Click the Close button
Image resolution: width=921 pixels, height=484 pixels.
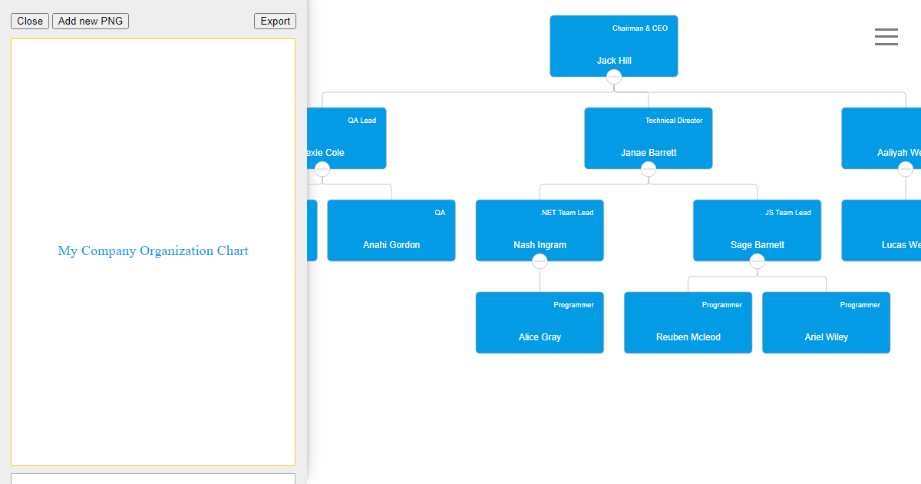tap(30, 22)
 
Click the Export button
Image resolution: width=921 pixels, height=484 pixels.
tap(275, 22)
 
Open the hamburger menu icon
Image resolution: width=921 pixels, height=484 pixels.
tap(886, 37)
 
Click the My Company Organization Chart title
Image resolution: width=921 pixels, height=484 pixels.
tap(153, 251)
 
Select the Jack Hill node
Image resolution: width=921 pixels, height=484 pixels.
tap(613, 46)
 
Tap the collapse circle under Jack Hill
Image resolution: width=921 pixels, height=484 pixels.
tap(614, 77)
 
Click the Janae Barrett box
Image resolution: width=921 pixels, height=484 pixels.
tap(648, 138)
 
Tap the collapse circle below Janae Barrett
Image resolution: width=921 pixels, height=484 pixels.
tap(649, 169)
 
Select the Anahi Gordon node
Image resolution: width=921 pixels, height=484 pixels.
tap(391, 230)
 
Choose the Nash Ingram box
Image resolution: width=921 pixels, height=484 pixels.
tap(540, 230)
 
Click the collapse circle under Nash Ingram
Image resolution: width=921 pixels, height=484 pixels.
tap(540, 261)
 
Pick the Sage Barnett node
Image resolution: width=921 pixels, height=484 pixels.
tap(757, 230)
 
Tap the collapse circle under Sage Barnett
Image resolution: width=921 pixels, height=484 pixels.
tap(758, 261)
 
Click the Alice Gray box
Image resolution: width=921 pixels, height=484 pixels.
tap(540, 323)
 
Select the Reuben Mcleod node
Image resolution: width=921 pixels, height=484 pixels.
tap(688, 323)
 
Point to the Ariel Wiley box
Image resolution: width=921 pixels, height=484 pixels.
tap(826, 323)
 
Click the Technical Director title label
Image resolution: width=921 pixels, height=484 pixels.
tap(673, 121)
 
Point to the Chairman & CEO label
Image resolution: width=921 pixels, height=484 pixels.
tap(639, 28)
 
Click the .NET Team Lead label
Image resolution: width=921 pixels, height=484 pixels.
tap(566, 213)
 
